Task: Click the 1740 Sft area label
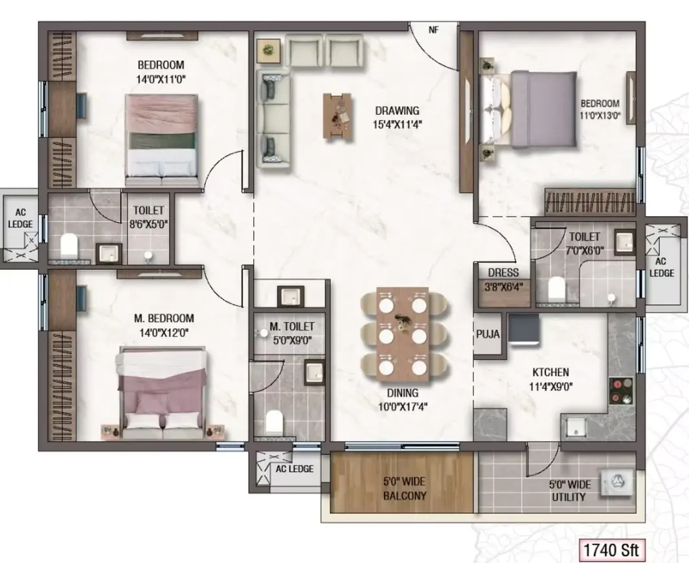coord(611,550)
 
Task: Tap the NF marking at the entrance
coord(434,30)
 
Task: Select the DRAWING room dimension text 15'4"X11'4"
coord(397,125)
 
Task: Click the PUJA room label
coord(488,334)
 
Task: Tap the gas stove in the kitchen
coord(621,390)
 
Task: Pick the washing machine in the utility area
coord(617,482)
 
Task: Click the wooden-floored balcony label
coord(405,489)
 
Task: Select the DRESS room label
coord(503,272)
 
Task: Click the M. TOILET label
coord(292,327)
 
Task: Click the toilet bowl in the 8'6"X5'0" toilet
coord(69,245)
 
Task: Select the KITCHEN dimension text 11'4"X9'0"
coord(550,387)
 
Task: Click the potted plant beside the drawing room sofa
coord(268,50)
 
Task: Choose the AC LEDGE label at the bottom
coord(295,469)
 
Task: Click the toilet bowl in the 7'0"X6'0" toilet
coord(556,288)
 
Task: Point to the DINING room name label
coord(403,393)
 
